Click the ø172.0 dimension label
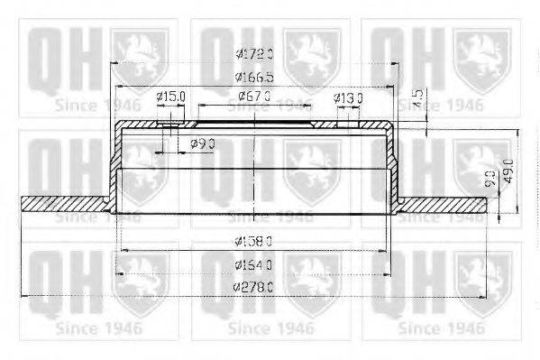253,53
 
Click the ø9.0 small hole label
204,143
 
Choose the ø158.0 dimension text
253,241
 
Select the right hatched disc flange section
442,204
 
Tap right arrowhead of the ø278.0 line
484,296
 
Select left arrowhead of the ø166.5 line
118,87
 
